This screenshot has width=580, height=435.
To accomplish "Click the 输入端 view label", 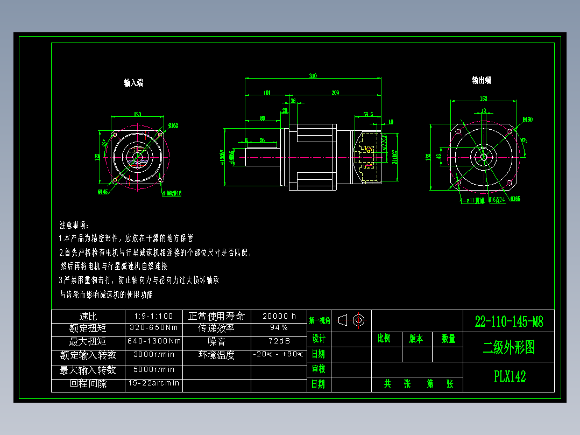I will coord(133,83).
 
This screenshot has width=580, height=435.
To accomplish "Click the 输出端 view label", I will coord(482,80).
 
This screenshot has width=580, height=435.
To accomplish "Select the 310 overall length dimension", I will coord(313,76).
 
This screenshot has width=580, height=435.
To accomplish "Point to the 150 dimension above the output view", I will coord(483,99).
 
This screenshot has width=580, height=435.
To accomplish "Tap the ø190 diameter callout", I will coord(527,120).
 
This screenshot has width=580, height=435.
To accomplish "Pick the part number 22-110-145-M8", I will coord(508,322).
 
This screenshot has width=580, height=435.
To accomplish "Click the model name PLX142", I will coord(509,376).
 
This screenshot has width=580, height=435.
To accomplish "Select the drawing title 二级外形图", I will coord(508,348).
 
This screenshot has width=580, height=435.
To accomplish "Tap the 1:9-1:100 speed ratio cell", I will coord(153,316).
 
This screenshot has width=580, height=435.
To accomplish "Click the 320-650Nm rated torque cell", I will coord(154,327).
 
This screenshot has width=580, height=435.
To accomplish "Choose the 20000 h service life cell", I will coord(279,316).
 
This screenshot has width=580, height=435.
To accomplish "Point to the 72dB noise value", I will coord(279,341).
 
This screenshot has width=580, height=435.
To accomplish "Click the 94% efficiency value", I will coord(279,327).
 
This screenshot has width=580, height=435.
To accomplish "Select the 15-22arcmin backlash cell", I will coord(154,383).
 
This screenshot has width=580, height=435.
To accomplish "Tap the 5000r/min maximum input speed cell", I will coord(154,369).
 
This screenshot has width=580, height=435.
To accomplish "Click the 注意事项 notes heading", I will coord(75,224).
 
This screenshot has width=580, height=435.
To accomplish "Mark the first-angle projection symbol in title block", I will coord(352,320).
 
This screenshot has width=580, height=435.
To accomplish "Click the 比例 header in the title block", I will coord(384,339).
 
